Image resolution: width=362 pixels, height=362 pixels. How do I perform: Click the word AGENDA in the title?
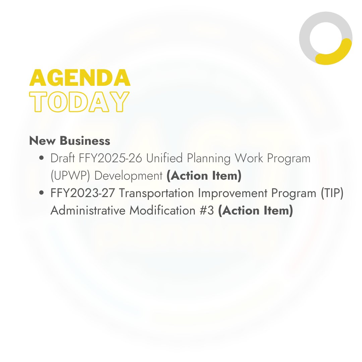coord(80,78)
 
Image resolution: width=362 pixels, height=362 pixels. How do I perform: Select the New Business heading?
coord(70,141)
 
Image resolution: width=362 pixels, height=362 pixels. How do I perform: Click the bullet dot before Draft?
coord(42,159)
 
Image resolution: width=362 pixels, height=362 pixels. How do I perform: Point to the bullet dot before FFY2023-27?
coord(42,193)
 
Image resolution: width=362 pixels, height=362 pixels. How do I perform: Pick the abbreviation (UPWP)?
coord(69,176)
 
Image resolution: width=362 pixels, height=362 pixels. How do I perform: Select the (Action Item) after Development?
coord(204,176)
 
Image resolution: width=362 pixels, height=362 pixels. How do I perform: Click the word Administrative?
coord(88,211)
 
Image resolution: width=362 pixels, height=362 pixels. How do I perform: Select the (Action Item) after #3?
coord(255,211)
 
